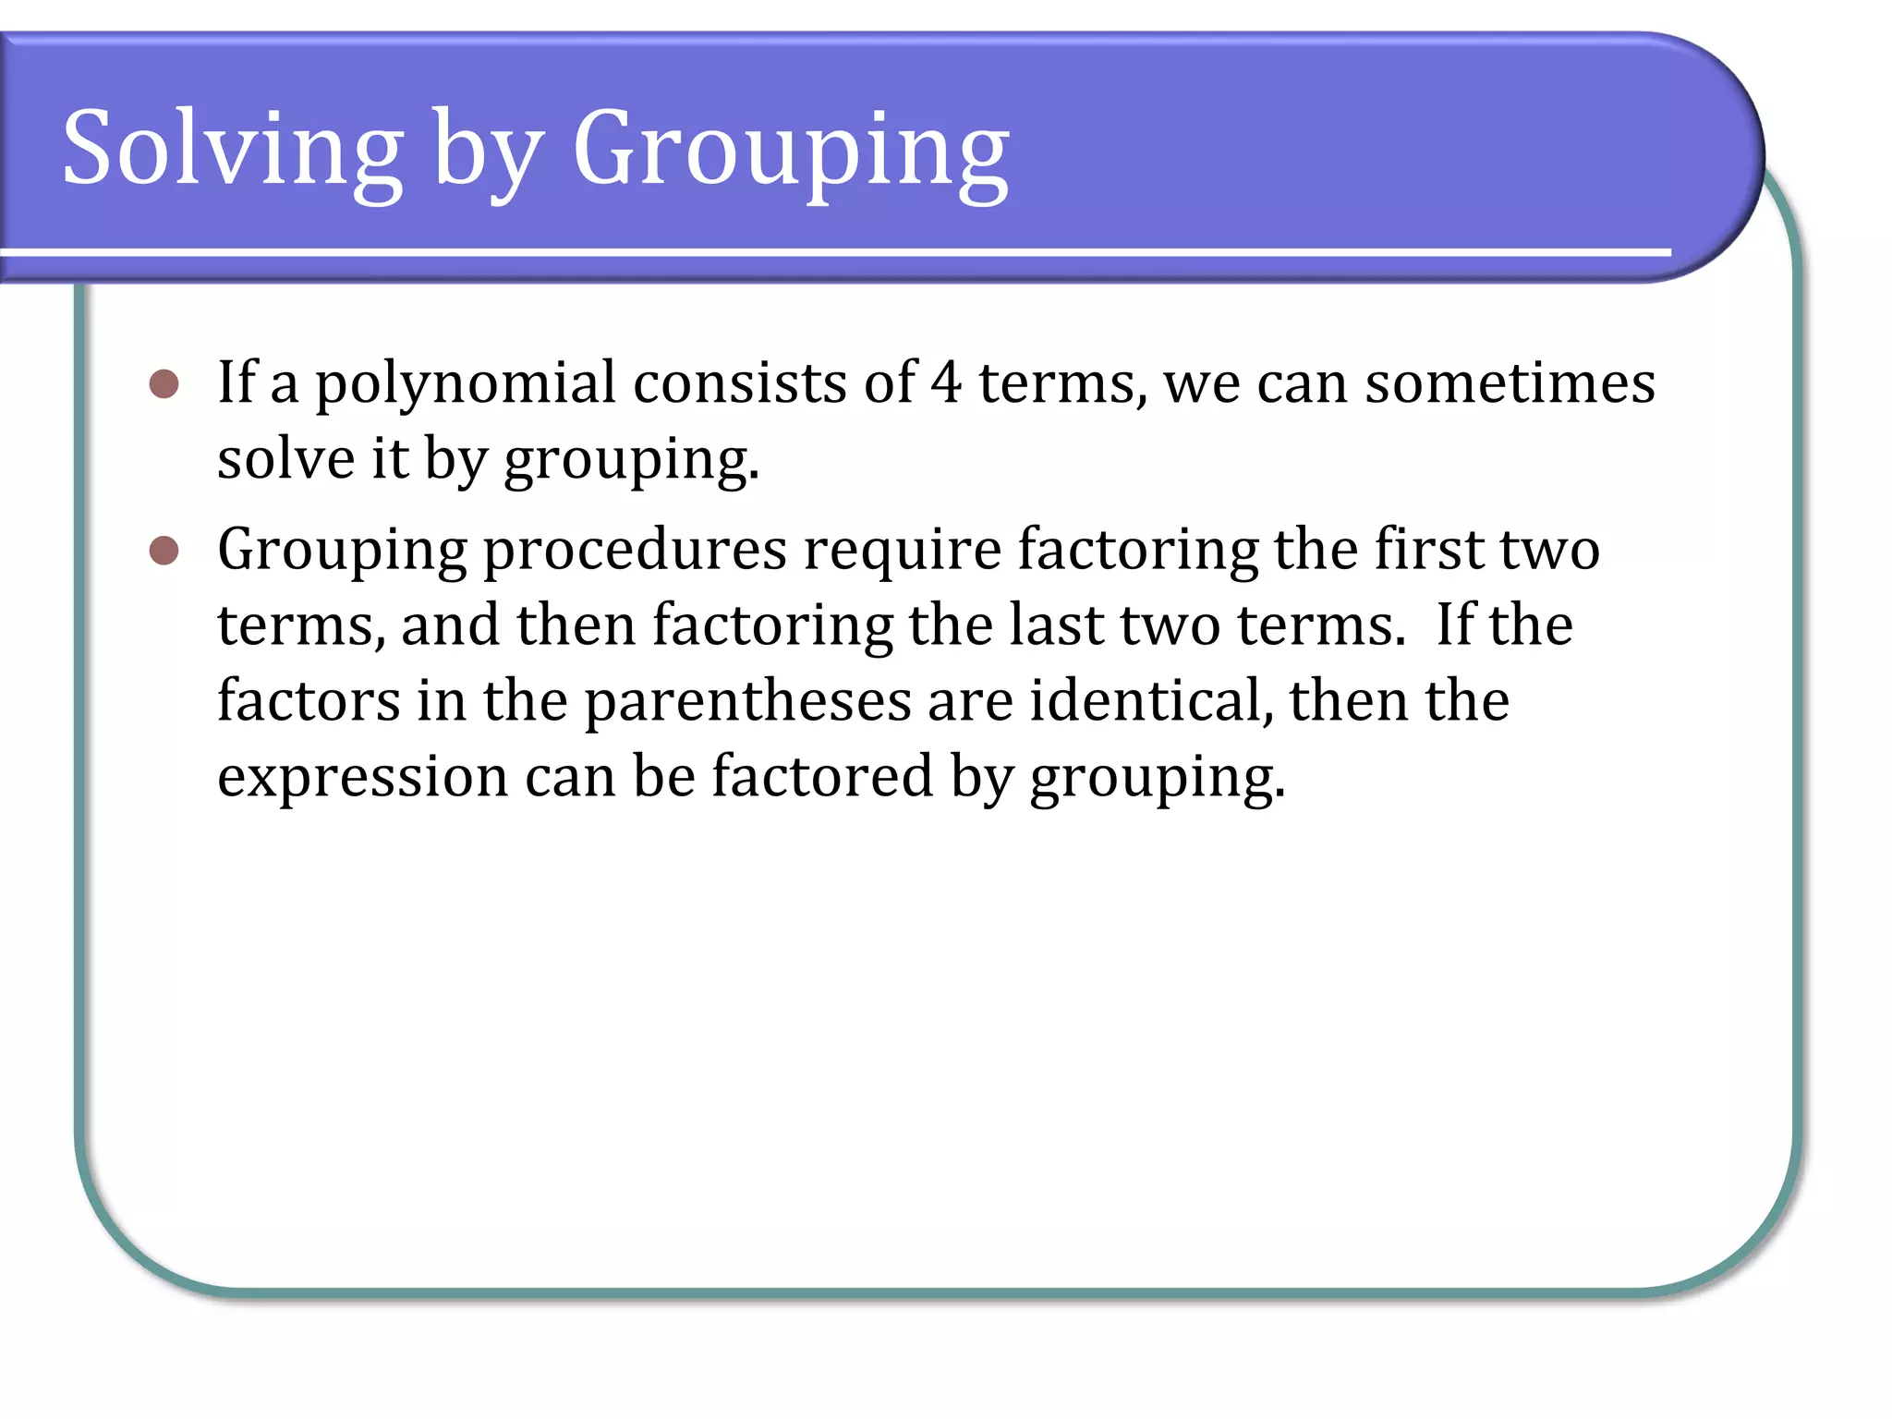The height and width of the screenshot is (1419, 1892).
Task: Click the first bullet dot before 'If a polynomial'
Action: coord(164,384)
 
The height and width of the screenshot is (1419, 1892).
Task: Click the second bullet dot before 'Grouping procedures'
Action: coord(164,552)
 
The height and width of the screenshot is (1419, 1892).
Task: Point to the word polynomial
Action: coord(465,384)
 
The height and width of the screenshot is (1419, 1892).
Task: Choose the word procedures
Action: coord(635,552)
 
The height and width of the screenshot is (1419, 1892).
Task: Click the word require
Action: coord(902,552)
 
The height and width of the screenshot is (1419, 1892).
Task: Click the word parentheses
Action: coord(747,701)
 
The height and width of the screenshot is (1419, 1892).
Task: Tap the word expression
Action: coord(362,778)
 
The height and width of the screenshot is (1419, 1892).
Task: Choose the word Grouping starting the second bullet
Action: coord(342,552)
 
